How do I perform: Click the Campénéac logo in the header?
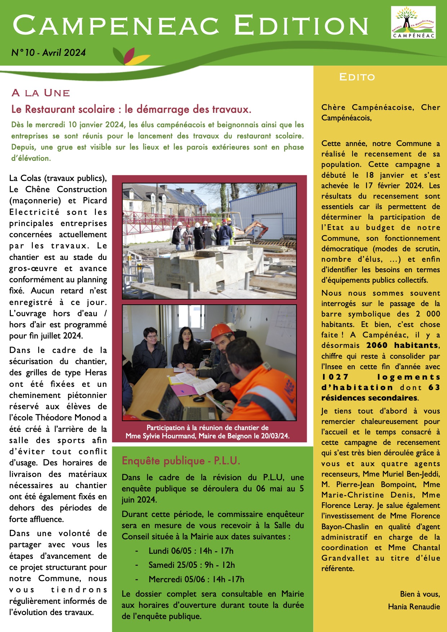click(413, 23)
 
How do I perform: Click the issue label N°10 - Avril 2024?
click(49, 53)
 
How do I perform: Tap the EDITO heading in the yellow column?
click(357, 77)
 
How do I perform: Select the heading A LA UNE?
click(41, 93)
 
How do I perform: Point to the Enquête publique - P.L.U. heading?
click(181, 461)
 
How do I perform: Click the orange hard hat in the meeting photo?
click(221, 331)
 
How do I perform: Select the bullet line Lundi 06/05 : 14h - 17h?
click(191, 551)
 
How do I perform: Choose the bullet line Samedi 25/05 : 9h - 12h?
click(191, 565)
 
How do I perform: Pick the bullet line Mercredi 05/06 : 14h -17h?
click(196, 579)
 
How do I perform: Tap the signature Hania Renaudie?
click(414, 607)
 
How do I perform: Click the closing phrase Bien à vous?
click(420, 594)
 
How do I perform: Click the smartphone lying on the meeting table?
click(152, 415)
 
